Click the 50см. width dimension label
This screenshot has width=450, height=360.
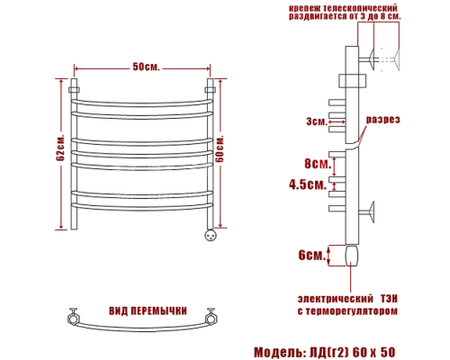pos(147,67)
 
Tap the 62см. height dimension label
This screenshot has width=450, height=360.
pos(60,155)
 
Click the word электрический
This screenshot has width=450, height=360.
pos(334,298)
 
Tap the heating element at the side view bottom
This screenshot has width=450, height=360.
pos(349,258)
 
